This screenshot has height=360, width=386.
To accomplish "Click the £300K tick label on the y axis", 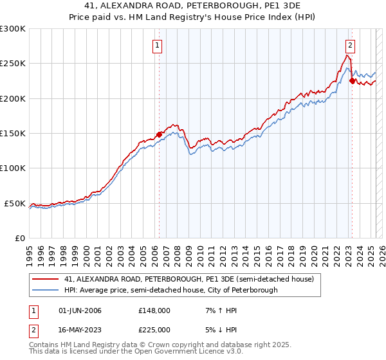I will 13,29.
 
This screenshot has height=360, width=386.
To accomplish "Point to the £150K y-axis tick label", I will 13,134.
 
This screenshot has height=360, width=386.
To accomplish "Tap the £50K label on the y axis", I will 15,203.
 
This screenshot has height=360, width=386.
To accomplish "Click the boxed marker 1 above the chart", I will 158,45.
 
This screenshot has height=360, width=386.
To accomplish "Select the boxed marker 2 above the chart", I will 350,45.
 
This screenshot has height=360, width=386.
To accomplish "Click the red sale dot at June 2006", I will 159,135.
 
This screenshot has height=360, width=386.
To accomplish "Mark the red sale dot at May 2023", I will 352,81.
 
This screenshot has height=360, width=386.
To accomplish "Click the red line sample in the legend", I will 46,280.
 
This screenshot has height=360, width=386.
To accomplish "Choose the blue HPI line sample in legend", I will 46,290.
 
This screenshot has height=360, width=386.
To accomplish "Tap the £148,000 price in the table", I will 154,310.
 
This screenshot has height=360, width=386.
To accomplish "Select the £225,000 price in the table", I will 154,329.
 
